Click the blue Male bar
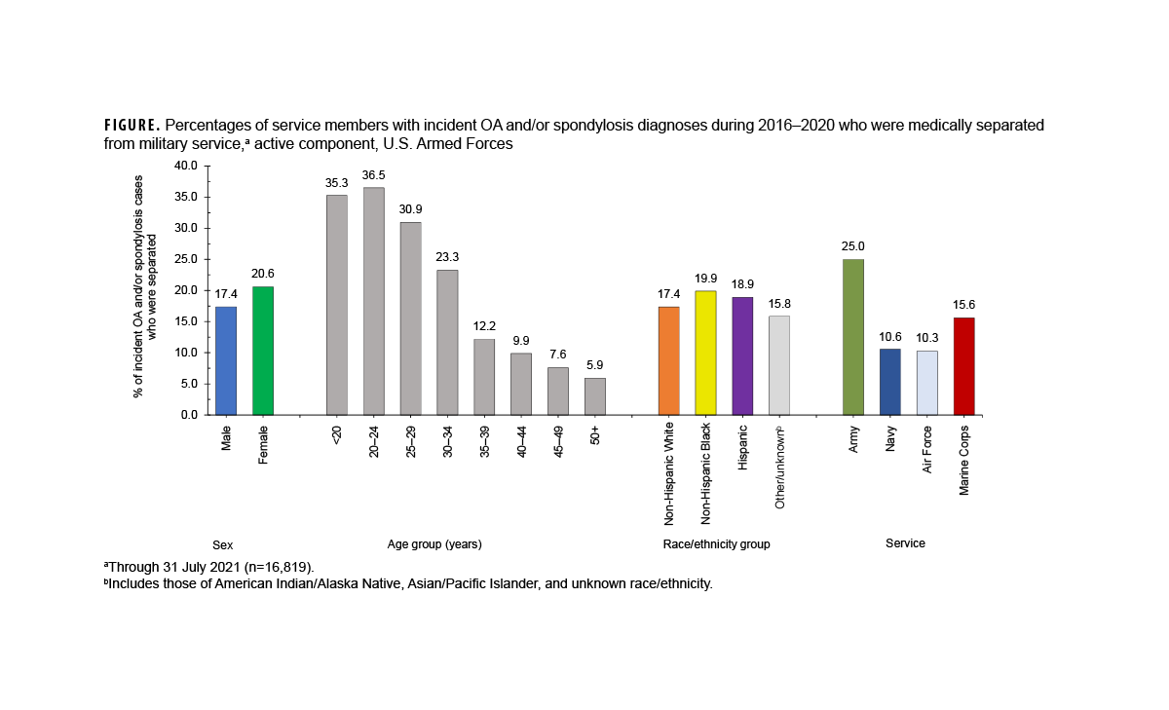click(226, 360)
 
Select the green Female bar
click(263, 351)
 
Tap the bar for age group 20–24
click(373, 301)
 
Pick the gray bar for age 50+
click(594, 396)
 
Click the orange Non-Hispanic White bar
click(668, 360)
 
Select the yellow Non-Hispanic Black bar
click(705, 353)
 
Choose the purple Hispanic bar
click(742, 355)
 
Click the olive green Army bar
click(853, 337)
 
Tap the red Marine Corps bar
click(963, 366)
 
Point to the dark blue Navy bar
click(889, 382)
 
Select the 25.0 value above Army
click(853, 245)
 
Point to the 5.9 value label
click(594, 364)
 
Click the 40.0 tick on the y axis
click(185, 166)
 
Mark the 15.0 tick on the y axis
click(185, 321)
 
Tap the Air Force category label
click(927, 448)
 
